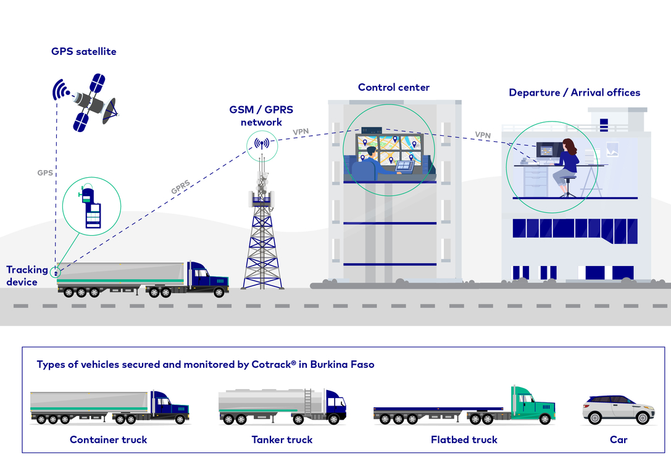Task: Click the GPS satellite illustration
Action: [x=86, y=102]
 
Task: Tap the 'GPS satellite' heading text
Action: [x=84, y=51]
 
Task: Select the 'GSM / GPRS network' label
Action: [x=261, y=115]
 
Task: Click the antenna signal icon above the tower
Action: [x=262, y=144]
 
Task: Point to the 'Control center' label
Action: [x=394, y=87]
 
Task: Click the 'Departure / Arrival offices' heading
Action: [x=574, y=93]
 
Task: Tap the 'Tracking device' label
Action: [x=27, y=275]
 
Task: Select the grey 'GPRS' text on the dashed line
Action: [x=181, y=187]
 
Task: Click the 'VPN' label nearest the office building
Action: [x=483, y=135]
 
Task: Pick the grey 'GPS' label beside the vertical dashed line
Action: [x=45, y=173]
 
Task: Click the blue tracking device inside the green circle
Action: [x=91, y=206]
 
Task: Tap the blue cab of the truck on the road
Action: [x=207, y=278]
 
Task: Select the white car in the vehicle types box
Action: [x=619, y=409]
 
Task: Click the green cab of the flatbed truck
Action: [x=532, y=405]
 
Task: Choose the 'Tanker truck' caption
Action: [x=282, y=440]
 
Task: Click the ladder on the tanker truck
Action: [x=307, y=402]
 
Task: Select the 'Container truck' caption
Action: [x=108, y=440]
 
